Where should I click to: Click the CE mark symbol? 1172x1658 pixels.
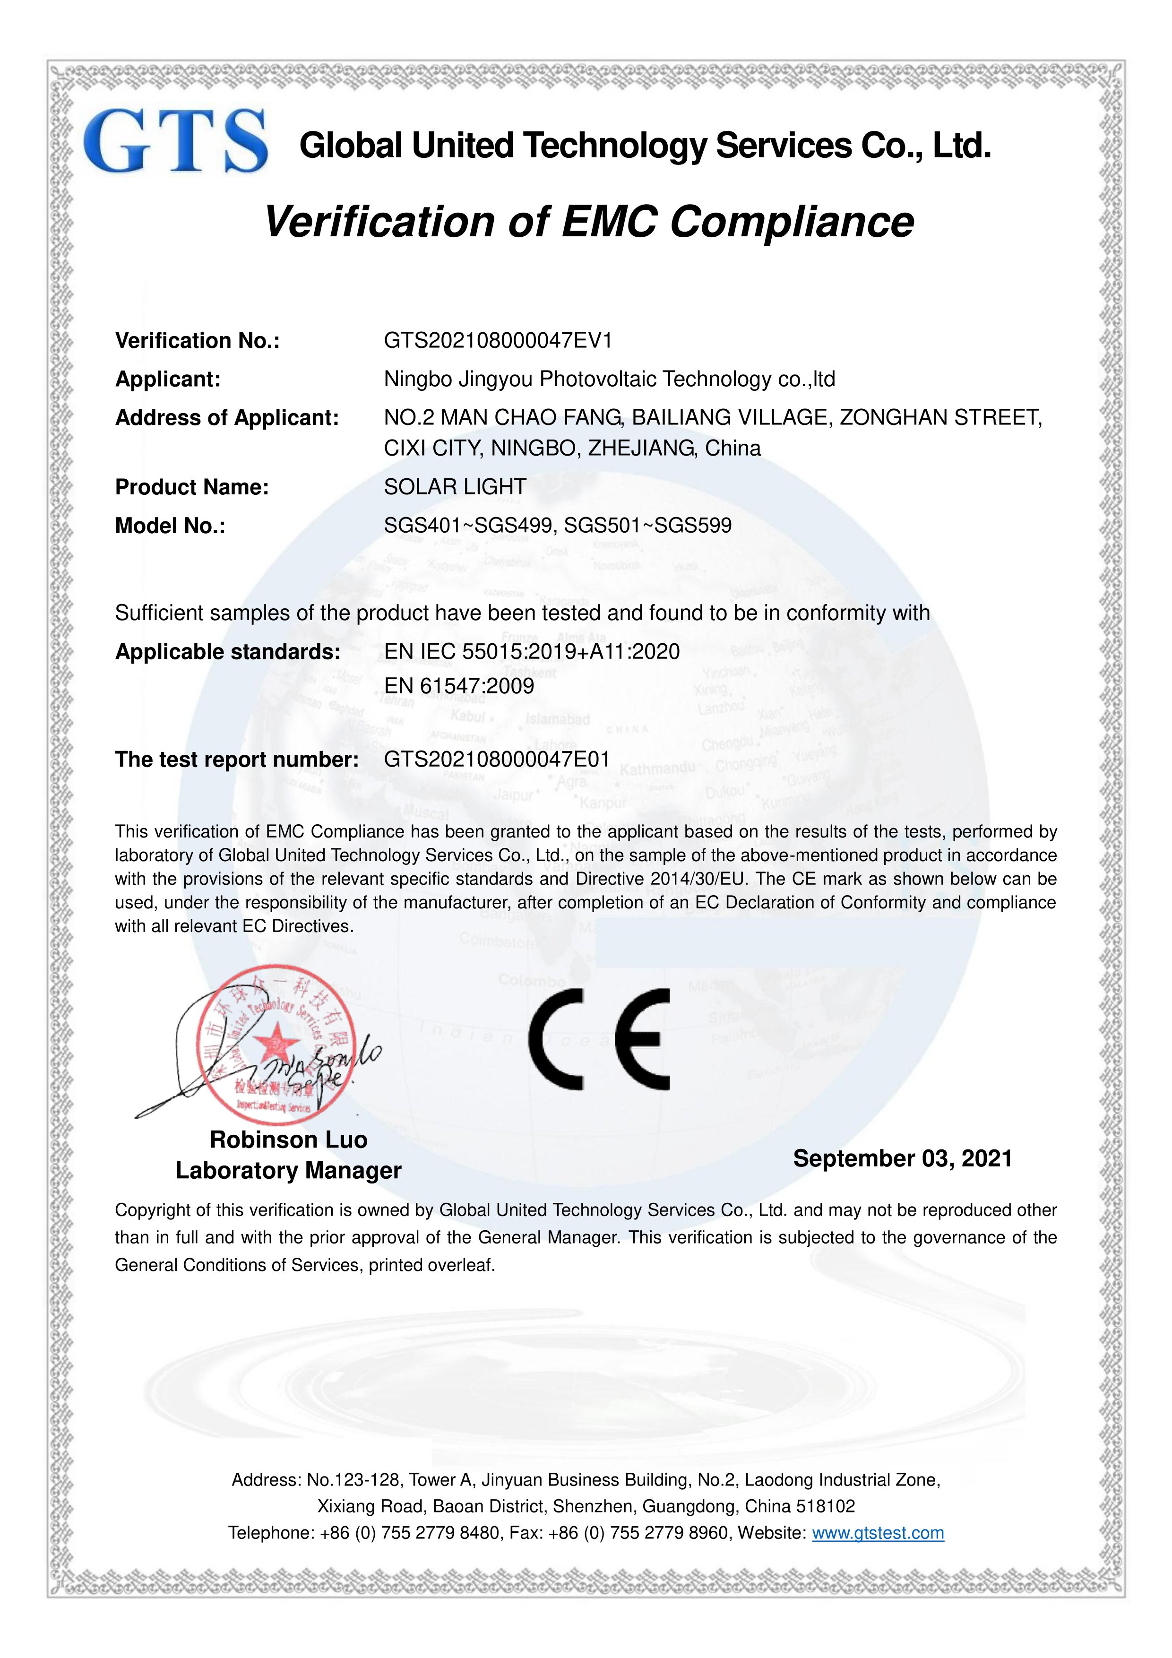(x=599, y=1039)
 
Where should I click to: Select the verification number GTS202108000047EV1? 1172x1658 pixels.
(x=498, y=340)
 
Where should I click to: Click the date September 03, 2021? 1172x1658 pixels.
(x=902, y=1158)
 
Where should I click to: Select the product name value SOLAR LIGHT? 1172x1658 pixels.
(x=455, y=487)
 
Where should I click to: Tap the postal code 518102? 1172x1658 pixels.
(x=826, y=1506)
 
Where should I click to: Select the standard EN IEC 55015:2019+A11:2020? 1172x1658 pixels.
(x=532, y=651)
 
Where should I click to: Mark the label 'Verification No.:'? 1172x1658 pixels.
(x=197, y=340)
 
